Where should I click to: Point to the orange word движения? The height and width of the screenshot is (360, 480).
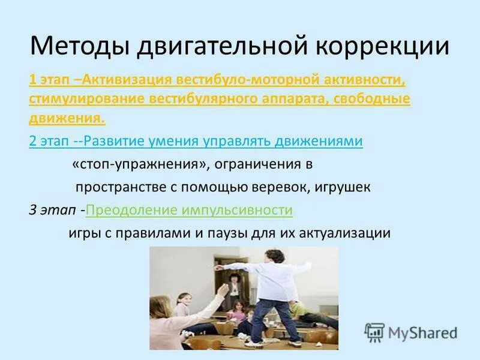[67, 118]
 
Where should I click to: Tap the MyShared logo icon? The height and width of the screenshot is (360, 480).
[374, 332]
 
